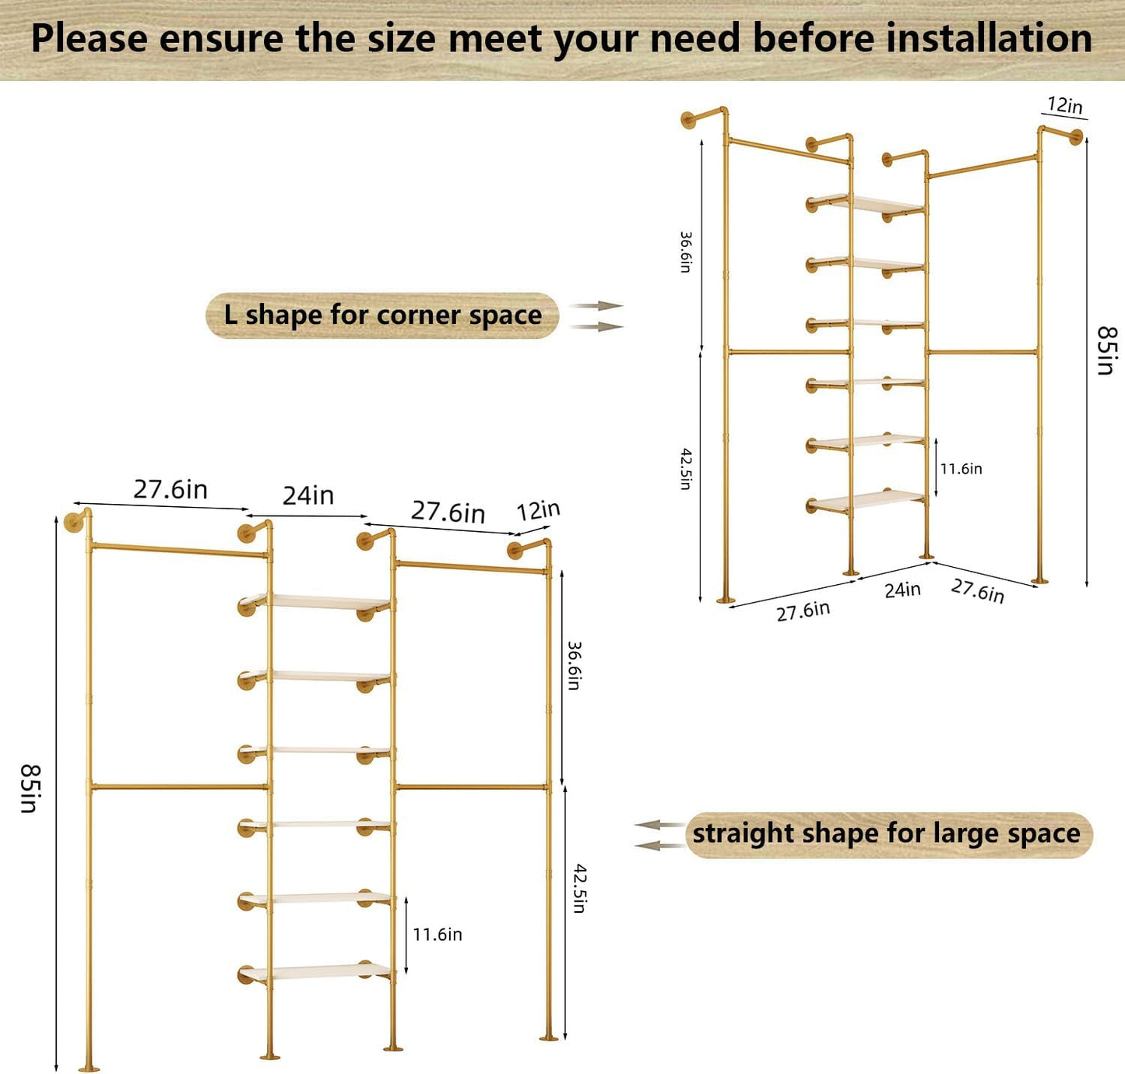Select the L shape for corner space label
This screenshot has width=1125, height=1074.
click(x=382, y=315)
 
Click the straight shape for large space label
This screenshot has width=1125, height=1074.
click(x=887, y=834)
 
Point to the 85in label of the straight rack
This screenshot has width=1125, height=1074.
click(x=30, y=788)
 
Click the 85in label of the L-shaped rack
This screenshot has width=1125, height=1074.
click(x=1106, y=350)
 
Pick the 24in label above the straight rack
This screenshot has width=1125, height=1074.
click(x=308, y=495)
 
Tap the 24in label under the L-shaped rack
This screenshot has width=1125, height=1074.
click(x=902, y=590)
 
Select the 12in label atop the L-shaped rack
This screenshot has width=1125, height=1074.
click(x=1064, y=105)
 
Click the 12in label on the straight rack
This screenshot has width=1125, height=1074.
click(x=538, y=511)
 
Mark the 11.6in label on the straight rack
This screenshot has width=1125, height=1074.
click(x=437, y=935)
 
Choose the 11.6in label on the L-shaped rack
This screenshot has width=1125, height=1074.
click(x=961, y=469)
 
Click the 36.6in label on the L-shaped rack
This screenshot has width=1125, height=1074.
click(x=685, y=252)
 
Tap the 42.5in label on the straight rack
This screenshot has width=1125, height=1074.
click(x=579, y=888)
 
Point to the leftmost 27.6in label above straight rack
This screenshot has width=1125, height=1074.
click(x=171, y=489)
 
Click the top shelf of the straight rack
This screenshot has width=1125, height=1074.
click(x=327, y=601)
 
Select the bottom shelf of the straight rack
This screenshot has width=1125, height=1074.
click(x=327, y=971)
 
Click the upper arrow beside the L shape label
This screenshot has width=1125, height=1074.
click(x=596, y=306)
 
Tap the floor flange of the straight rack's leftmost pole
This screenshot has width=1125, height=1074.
click(x=89, y=1068)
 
